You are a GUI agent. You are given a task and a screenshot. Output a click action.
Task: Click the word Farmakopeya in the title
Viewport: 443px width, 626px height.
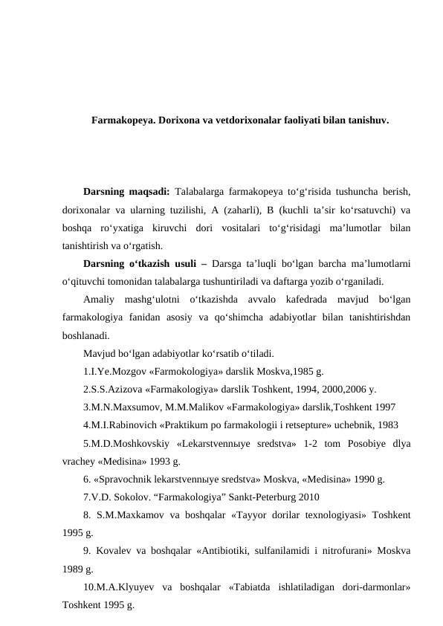122,119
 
